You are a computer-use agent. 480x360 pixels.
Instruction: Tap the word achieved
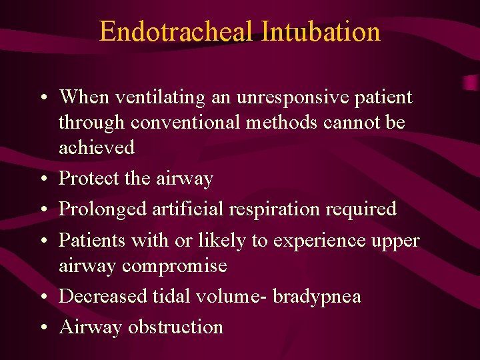click(97, 147)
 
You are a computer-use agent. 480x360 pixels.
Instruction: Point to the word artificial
click(186, 209)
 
